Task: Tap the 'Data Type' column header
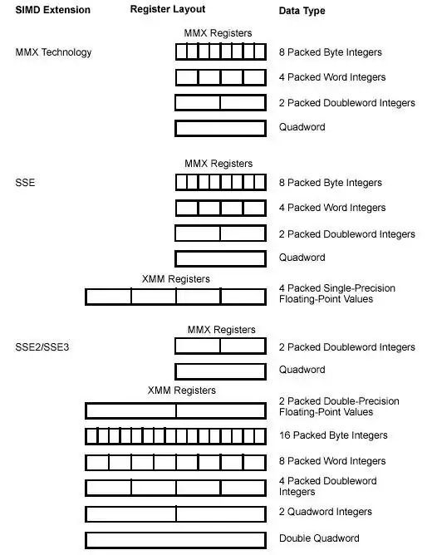pyautogui.click(x=302, y=11)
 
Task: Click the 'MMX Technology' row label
pyautogui.click(x=54, y=52)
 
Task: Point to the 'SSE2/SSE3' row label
pyautogui.click(x=42, y=346)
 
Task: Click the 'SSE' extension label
pyautogui.click(x=25, y=183)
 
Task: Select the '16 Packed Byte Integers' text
pyautogui.click(x=333, y=435)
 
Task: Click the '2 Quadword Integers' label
pyautogui.click(x=326, y=512)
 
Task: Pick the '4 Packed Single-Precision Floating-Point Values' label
pyautogui.click(x=336, y=293)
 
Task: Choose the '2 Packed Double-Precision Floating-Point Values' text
pyautogui.click(x=338, y=406)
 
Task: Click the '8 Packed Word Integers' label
pyautogui.click(x=331, y=461)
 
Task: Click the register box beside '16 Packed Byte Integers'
pyautogui.click(x=175, y=435)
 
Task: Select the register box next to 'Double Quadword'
pyautogui.click(x=175, y=539)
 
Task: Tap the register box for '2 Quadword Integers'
pyautogui.click(x=175, y=513)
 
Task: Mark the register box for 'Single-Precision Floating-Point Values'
pyautogui.click(x=175, y=296)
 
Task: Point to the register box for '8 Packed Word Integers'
pyautogui.click(x=175, y=462)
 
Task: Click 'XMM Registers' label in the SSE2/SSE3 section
pyautogui.click(x=181, y=390)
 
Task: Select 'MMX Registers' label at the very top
pyautogui.click(x=218, y=33)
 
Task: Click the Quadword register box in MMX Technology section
pyautogui.click(x=220, y=129)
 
